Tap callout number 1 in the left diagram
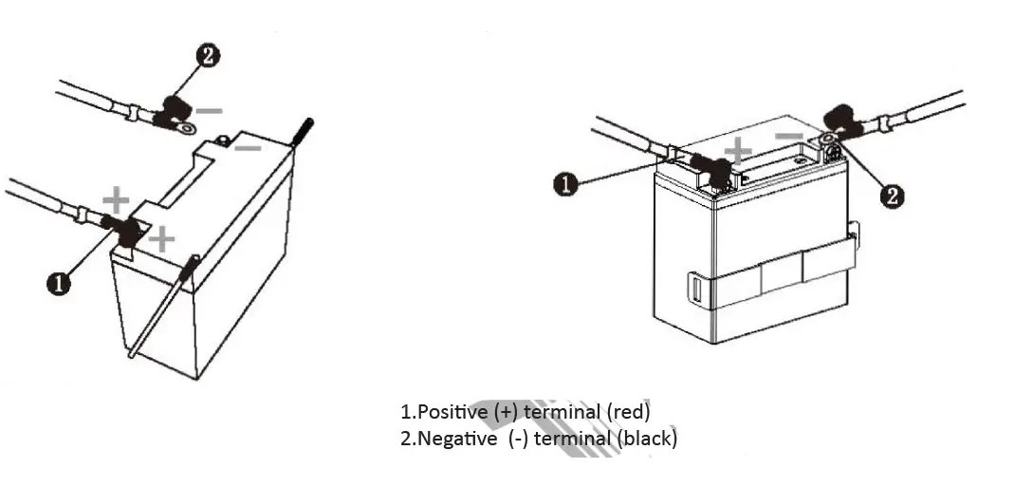coord(60,283)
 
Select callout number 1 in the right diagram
coord(565,184)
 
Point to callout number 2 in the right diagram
coord(892,196)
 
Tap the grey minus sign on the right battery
coord(788,137)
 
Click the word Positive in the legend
coord(452,412)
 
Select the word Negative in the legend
coord(456,439)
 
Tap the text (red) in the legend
coord(627,412)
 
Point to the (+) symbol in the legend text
coord(503,412)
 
